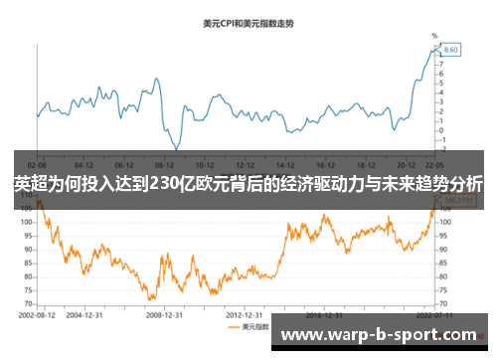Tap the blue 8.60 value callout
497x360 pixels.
click(x=450, y=49)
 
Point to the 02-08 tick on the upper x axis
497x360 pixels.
click(x=37, y=164)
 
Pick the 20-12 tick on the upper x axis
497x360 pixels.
click(x=406, y=164)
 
